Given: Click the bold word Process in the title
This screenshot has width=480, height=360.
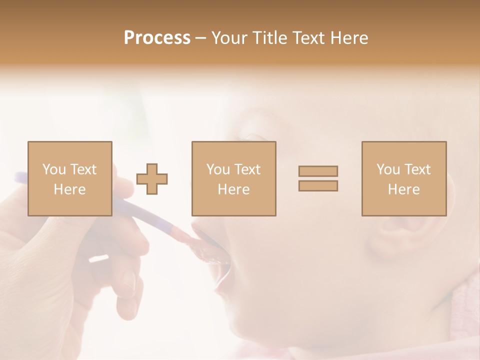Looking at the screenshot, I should [x=157, y=38].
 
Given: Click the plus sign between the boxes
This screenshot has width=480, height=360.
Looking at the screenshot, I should [x=152, y=179].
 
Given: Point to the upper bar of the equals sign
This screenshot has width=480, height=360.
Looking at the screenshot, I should [x=318, y=171].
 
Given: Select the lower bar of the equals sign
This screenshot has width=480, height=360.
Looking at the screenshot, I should [x=318, y=185].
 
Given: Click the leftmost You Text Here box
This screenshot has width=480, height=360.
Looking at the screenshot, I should [x=69, y=178].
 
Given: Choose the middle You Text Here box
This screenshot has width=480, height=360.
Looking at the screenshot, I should [x=233, y=178].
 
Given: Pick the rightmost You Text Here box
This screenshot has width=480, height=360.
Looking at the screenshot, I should [x=403, y=178].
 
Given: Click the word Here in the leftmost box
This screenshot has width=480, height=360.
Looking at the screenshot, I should [x=69, y=189].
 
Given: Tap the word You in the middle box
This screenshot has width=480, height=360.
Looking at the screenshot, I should [x=218, y=169].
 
